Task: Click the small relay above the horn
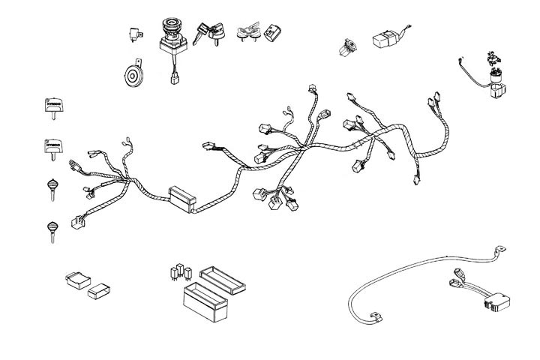(135, 34)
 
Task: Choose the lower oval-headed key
(52, 228)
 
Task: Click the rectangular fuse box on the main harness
(181, 196)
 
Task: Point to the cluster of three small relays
(181, 270)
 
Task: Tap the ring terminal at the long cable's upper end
(496, 249)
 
